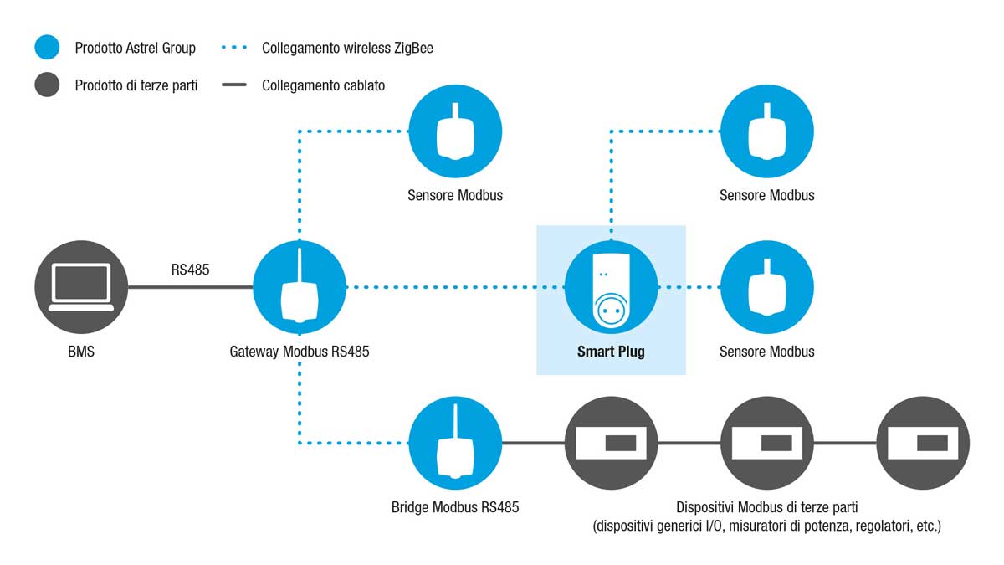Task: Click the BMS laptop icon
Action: point(81,287)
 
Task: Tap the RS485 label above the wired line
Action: point(190,270)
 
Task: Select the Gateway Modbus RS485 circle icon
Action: point(300,287)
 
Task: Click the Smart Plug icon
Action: point(611,287)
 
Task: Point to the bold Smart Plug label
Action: point(611,352)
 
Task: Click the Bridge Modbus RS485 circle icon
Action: point(455,443)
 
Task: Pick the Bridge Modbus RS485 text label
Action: point(455,507)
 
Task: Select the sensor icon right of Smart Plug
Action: point(767,287)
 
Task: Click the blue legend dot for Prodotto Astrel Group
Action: point(47,47)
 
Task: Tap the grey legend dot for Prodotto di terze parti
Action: point(47,85)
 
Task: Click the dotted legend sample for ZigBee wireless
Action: point(234,47)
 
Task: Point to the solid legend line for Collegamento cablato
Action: point(234,85)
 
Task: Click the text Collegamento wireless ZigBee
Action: point(347,48)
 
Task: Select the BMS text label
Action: point(81,352)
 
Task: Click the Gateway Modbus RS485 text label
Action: point(300,352)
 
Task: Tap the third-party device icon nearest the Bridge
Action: point(611,443)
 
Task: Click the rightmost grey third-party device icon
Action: point(923,443)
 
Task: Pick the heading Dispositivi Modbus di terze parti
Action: point(767,507)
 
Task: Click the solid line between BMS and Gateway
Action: point(191,287)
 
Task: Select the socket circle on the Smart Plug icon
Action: point(611,311)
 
